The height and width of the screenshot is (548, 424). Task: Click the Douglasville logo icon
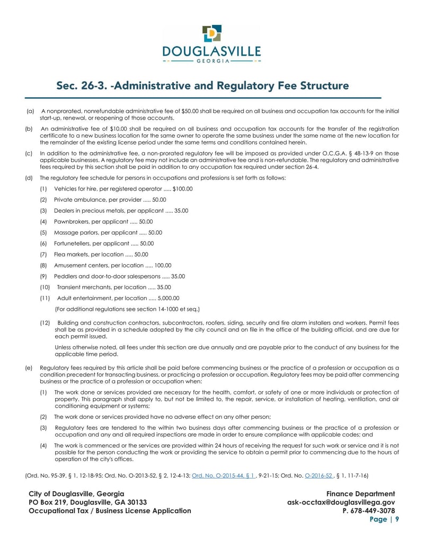tap(212, 33)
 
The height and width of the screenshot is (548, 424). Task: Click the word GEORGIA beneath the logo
tap(212, 61)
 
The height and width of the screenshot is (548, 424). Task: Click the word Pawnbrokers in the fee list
tap(72, 222)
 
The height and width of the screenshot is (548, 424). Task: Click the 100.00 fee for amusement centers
tap(163, 265)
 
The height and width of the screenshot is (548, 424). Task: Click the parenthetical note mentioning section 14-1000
tap(127, 309)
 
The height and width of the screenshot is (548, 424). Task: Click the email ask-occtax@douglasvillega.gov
tap(341, 502)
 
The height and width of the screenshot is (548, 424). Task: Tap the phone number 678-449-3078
tap(371, 511)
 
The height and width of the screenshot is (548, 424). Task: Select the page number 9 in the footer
tap(396, 519)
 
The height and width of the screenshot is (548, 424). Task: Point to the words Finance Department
tap(360, 494)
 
